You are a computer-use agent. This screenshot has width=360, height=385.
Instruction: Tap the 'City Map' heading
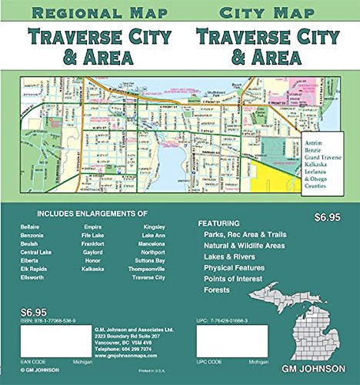tap(267, 13)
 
